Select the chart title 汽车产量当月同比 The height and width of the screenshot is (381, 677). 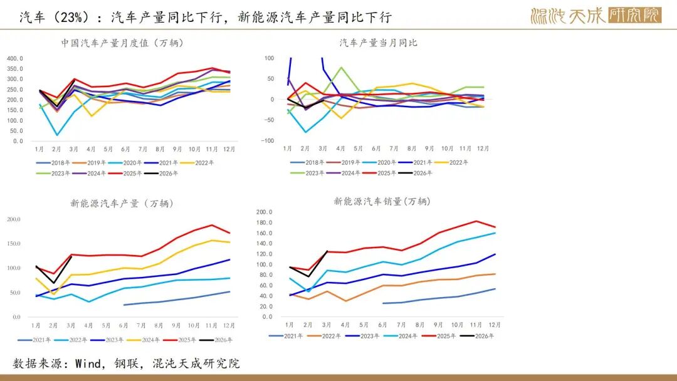(x=379, y=43)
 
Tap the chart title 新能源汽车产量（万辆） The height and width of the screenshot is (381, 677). (x=122, y=203)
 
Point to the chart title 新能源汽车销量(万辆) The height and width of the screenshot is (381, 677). (x=381, y=201)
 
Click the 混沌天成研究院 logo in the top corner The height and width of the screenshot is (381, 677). (x=596, y=16)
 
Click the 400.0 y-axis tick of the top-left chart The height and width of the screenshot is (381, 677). (x=15, y=59)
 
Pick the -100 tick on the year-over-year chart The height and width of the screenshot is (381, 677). (x=269, y=140)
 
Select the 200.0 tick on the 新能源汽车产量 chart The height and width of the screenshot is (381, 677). (x=14, y=219)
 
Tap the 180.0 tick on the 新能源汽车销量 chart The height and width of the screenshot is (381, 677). (x=264, y=222)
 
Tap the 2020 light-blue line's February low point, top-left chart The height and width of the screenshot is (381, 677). (x=56, y=135)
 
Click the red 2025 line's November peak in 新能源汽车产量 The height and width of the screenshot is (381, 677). (x=212, y=225)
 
